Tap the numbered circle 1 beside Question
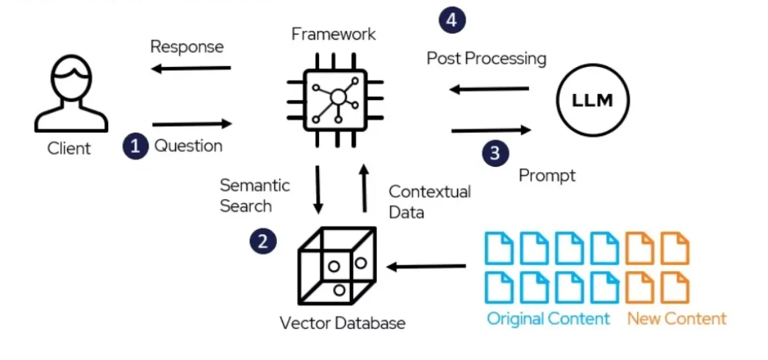(136, 146)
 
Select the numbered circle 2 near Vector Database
(263, 242)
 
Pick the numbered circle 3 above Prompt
(495, 153)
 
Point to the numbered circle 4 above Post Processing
(452, 21)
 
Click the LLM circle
(592, 101)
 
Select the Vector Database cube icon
(337, 266)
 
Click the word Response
(187, 47)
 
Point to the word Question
(189, 146)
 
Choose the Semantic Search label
(255, 195)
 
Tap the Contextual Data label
(429, 201)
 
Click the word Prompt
(547, 176)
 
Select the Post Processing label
(487, 59)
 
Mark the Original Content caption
(548, 320)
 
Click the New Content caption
(677, 320)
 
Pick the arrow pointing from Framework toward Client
(190, 68)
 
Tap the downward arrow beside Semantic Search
(318, 190)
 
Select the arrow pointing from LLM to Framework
(489, 89)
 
